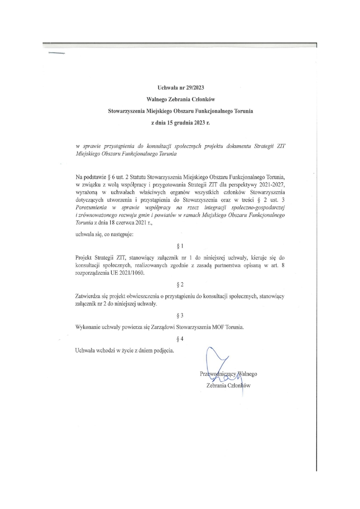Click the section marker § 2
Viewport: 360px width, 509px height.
click(180, 285)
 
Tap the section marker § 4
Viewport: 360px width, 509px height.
click(180, 339)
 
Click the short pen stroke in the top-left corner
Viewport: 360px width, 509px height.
click(56, 53)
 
